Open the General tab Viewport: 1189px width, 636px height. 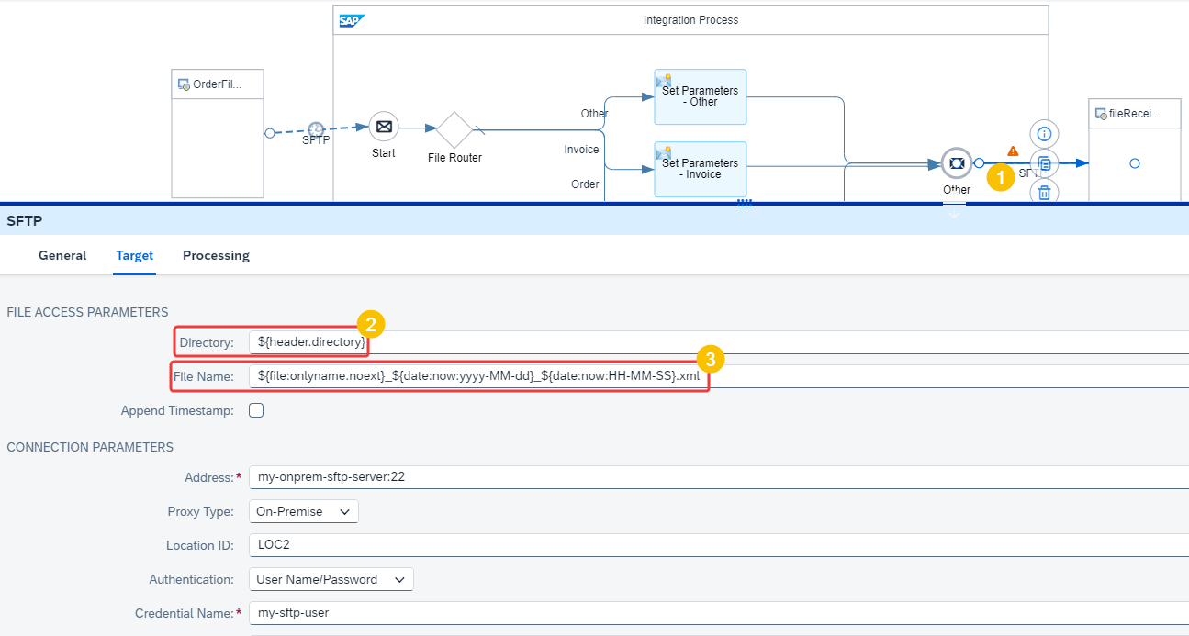tap(62, 255)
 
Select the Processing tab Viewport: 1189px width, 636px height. tap(216, 255)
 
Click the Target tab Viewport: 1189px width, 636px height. tap(134, 255)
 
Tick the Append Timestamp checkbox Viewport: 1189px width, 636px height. tap(256, 410)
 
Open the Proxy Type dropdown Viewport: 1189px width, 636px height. tap(304, 511)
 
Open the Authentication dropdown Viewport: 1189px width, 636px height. tap(331, 579)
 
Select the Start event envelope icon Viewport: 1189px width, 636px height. tap(384, 127)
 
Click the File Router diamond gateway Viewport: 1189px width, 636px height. tap(454, 130)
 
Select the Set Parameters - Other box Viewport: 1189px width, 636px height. tap(701, 96)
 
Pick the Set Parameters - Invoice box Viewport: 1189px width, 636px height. tap(701, 169)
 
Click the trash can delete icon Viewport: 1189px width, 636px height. tap(1044, 192)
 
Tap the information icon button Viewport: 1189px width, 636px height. tap(1044, 134)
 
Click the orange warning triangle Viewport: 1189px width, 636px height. tap(1013, 151)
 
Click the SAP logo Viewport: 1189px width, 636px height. tap(352, 21)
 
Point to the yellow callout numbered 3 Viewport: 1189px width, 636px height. tap(711, 359)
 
